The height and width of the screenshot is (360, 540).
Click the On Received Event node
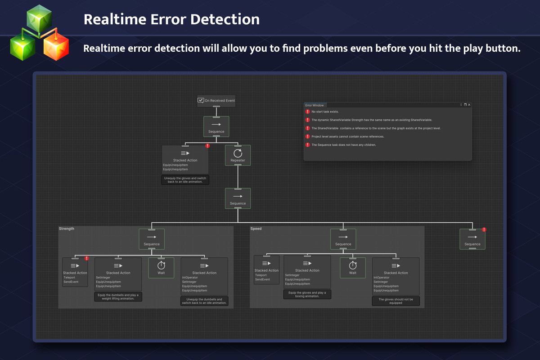click(216, 100)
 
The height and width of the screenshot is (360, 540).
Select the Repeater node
click(238, 155)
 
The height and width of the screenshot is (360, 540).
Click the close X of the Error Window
click(469, 105)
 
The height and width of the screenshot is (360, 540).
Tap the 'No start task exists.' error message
click(325, 112)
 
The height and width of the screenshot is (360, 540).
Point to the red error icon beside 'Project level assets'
click(308, 136)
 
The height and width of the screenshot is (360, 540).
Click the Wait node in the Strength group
click(161, 268)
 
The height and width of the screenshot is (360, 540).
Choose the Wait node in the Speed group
click(353, 268)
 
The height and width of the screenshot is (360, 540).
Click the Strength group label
click(67, 229)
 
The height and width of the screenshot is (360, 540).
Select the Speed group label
click(256, 229)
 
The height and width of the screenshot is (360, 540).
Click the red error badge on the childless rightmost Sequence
click(484, 229)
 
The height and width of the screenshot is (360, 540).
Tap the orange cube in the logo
click(56, 46)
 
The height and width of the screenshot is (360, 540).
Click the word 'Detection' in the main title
click(225, 19)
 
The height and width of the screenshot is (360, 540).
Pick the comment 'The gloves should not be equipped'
click(396, 301)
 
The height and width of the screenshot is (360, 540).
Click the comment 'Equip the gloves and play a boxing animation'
click(307, 294)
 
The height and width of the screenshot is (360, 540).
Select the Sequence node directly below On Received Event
click(216, 126)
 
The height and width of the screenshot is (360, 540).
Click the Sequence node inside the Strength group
click(152, 239)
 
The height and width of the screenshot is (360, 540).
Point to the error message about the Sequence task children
click(343, 145)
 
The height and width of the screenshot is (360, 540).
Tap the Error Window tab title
click(315, 105)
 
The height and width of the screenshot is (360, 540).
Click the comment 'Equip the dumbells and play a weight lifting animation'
click(118, 297)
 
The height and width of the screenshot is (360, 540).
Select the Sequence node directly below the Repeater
click(238, 198)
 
